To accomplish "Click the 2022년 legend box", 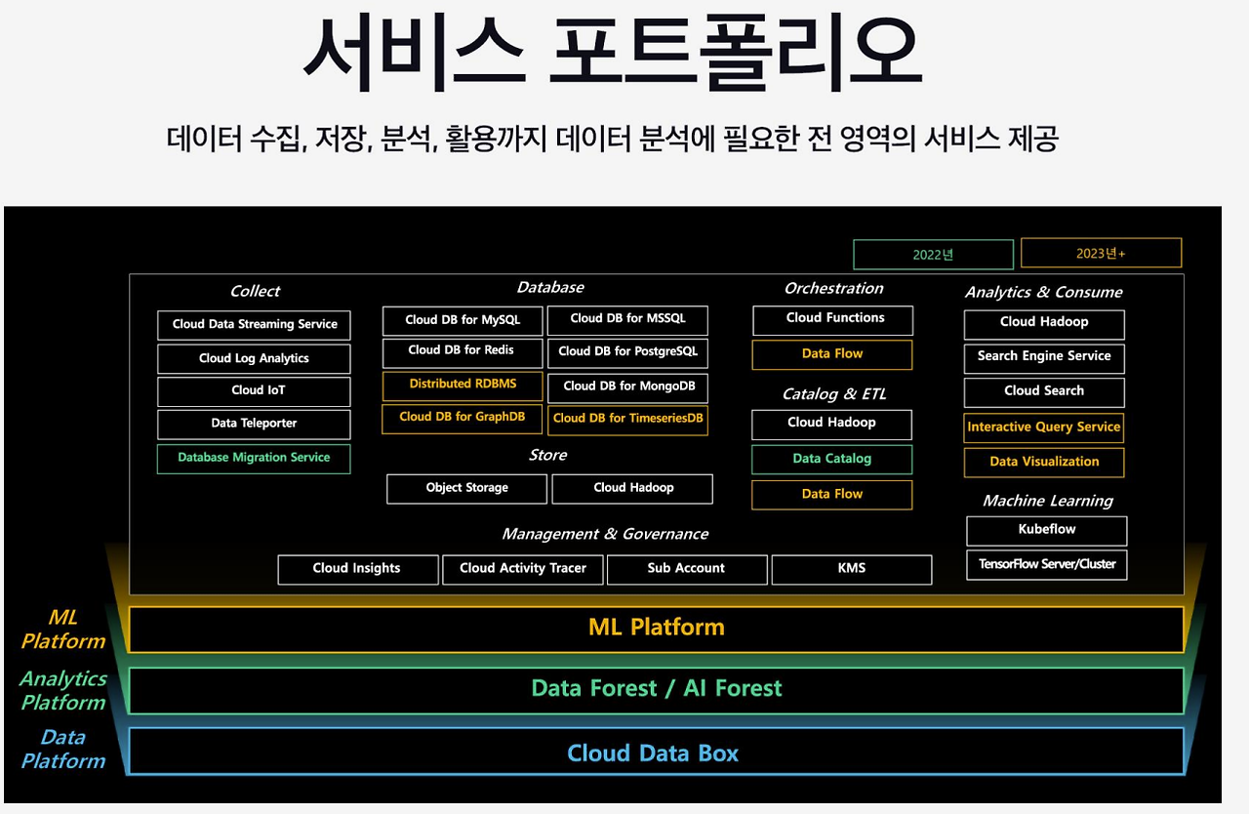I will (933, 255).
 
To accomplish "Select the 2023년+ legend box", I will (1101, 253).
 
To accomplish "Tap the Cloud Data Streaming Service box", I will (254, 325).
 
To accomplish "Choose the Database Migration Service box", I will (254, 458).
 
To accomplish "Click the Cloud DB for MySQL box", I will (463, 320).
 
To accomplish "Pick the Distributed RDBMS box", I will (463, 385).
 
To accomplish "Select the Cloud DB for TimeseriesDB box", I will (627, 419).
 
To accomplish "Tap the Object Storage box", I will (467, 488).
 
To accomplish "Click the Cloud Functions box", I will (833, 319).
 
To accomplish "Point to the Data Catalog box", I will (831, 459).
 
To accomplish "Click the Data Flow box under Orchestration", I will (831, 354).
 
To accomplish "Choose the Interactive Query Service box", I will (1044, 427).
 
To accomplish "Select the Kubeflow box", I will (1046, 530).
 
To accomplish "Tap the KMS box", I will (851, 569).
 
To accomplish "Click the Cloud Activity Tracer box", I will (523, 569).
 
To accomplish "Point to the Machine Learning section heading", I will (1047, 501).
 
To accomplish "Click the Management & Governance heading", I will (605, 534).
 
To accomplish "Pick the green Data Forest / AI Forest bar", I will (656, 689).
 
